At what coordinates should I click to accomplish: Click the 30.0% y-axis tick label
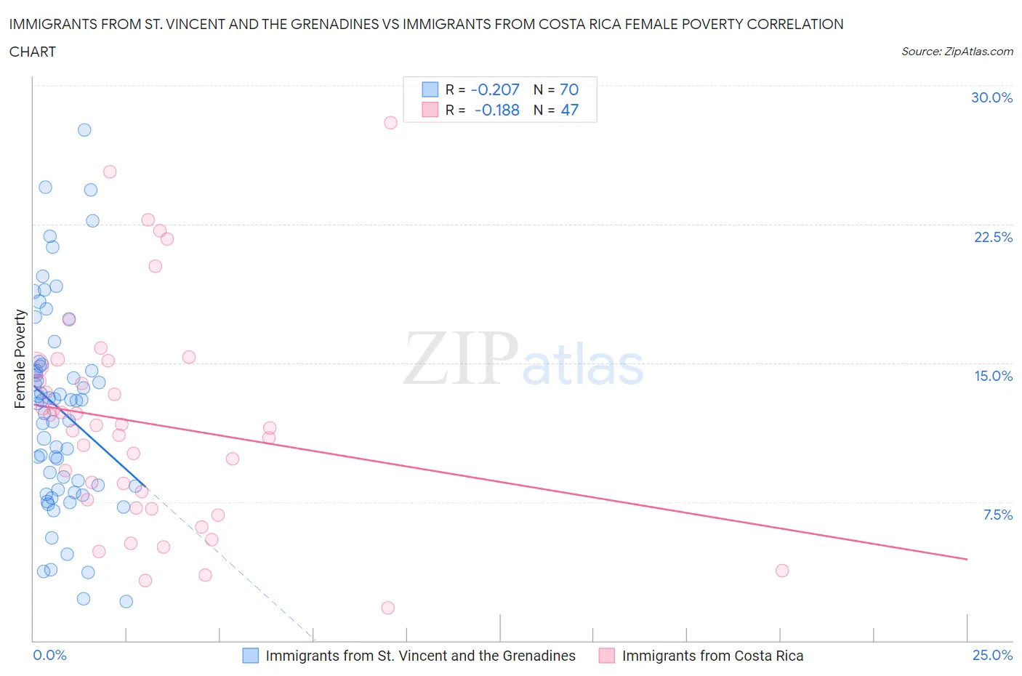pos(991,97)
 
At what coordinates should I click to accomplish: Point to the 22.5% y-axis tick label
pos(993,237)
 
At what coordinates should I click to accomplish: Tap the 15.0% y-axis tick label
pos(993,376)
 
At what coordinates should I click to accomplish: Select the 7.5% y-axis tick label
pos(997,515)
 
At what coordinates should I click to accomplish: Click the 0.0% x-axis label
pos(49,655)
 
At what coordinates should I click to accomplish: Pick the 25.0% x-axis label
pos(992,655)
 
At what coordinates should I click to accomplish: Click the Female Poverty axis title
pos(20,358)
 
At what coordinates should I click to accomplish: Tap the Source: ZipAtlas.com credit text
pos(957,51)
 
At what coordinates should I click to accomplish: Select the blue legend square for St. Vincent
pos(250,656)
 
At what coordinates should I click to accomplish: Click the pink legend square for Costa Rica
pos(606,656)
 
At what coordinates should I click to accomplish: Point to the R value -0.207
pos(495,89)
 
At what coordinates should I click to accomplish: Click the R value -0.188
pos(497,110)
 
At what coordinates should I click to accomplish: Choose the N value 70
pos(569,89)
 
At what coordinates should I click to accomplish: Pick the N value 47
pos(569,110)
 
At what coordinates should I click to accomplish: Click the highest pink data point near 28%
pos(390,122)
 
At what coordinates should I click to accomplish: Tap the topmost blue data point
pos(84,129)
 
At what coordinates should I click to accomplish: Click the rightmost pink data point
pos(782,571)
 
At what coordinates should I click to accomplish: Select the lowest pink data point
pos(387,608)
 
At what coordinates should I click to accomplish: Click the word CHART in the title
pos(33,52)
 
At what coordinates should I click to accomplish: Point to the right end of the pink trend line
pos(967,559)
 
